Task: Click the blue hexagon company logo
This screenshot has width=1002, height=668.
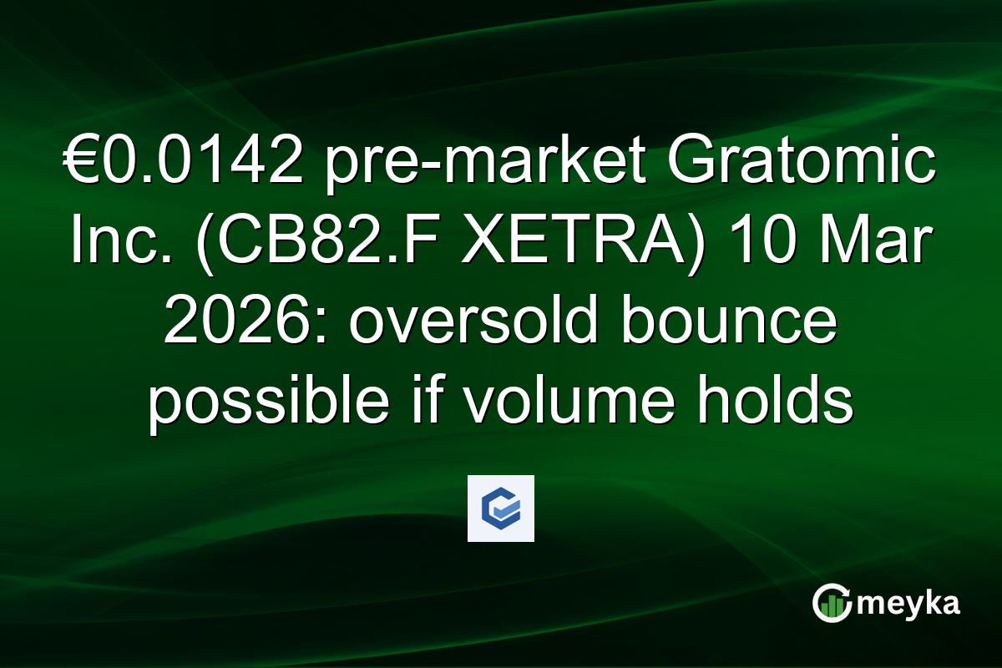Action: coord(500,509)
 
